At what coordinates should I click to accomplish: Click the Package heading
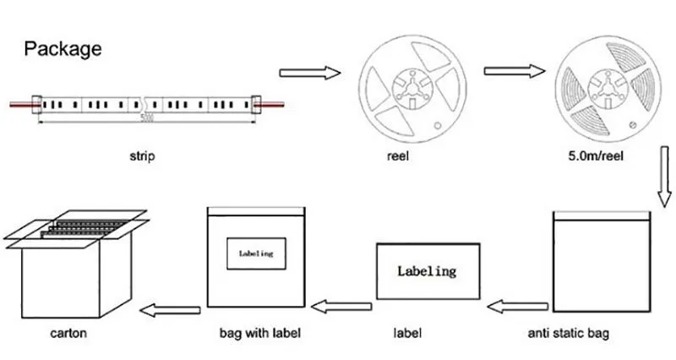[x=63, y=48]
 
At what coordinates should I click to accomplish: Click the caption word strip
[x=142, y=156]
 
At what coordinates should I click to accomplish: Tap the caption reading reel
[x=402, y=156]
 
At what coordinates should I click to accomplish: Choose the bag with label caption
[x=259, y=333]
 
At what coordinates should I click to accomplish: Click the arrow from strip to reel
[x=309, y=74]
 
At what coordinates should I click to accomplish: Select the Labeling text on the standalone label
[x=427, y=271]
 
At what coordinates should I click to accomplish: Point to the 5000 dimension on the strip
[x=148, y=117]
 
